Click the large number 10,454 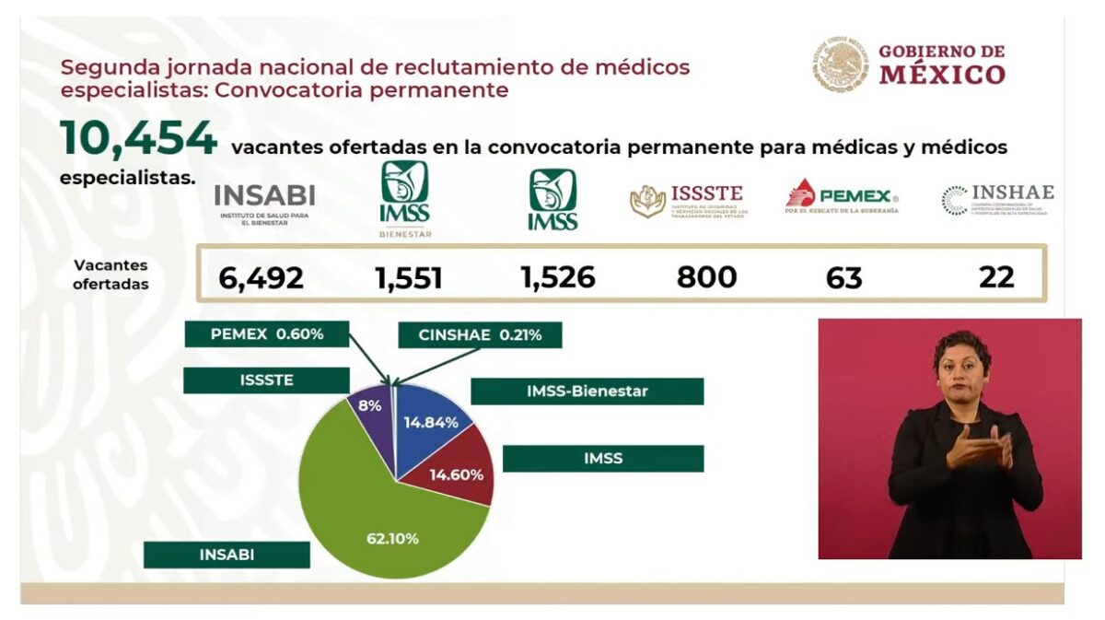(138, 139)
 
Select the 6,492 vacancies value (262, 277)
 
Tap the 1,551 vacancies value (408, 277)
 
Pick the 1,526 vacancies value (557, 277)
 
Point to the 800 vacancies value (706, 276)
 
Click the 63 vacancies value (843, 277)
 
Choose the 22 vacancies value (996, 276)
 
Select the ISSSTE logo (688, 200)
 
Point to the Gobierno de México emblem (840, 64)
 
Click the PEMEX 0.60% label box (266, 333)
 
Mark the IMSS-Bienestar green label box (587, 392)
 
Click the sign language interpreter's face (960, 368)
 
